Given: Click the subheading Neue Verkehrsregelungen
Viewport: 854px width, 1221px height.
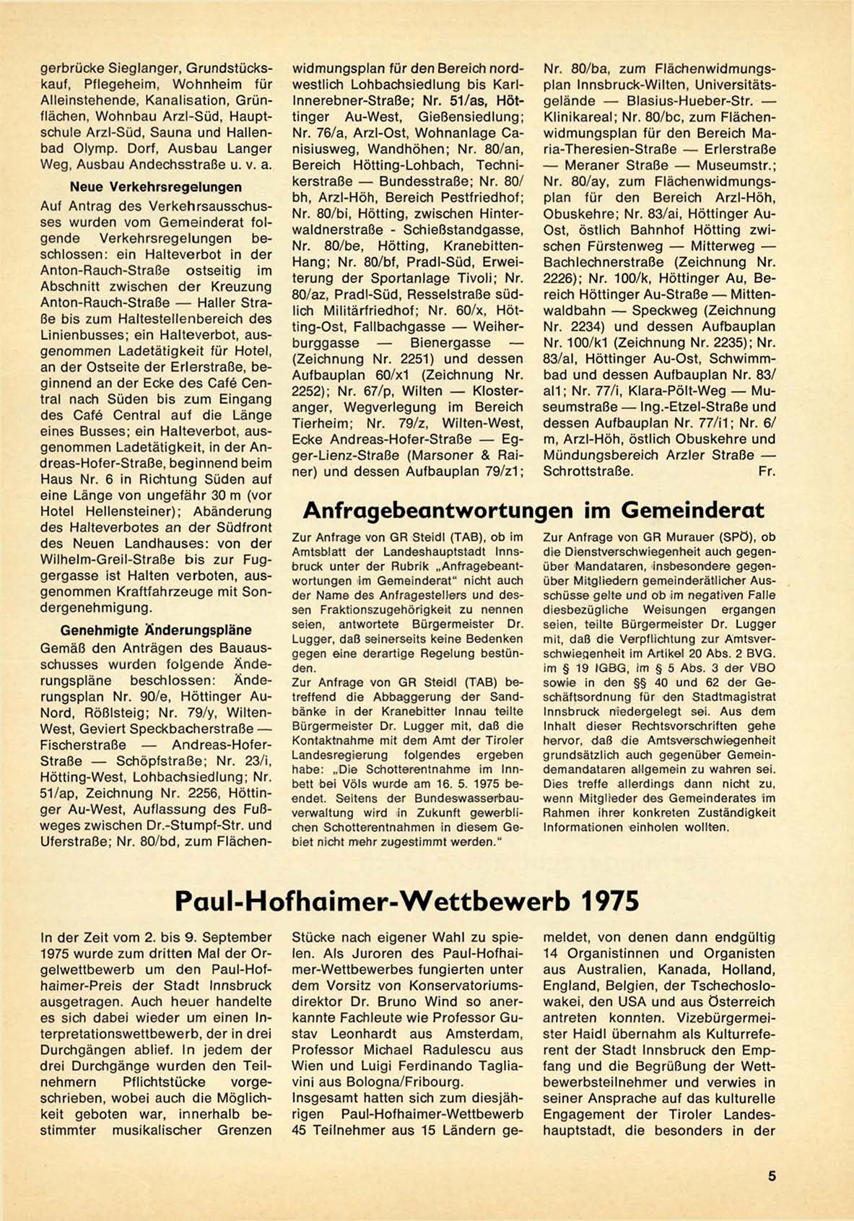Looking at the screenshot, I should click(155, 187).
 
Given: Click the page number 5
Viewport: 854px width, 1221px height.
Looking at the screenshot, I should click(772, 1176).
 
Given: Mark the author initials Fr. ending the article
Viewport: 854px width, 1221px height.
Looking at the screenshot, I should click(767, 472).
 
